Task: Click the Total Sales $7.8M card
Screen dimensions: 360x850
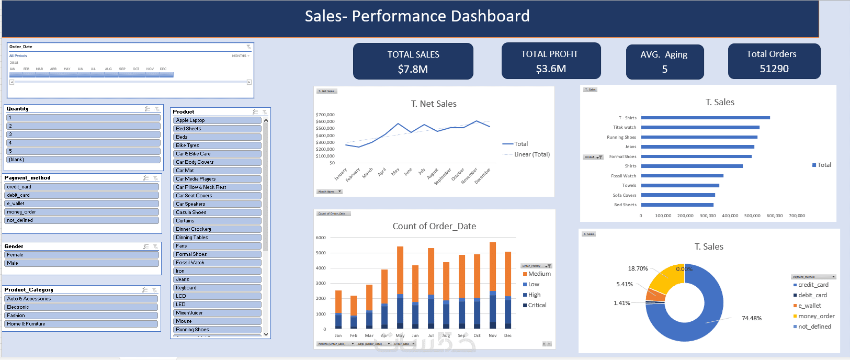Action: pyautogui.click(x=413, y=61)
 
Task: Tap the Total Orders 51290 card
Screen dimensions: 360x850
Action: pyautogui.click(x=774, y=61)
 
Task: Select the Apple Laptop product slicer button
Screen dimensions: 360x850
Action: pyautogui.click(x=217, y=120)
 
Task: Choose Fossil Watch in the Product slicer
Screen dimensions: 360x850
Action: pyautogui.click(x=217, y=263)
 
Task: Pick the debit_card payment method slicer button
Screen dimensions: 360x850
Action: pyautogui.click(x=82, y=195)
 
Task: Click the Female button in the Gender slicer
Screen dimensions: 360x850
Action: pyautogui.click(x=82, y=255)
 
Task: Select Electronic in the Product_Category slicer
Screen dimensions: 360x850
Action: pyautogui.click(x=82, y=307)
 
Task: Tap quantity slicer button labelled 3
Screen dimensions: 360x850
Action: pyautogui.click(x=83, y=134)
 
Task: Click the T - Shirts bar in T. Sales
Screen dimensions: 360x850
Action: pyautogui.click(x=705, y=118)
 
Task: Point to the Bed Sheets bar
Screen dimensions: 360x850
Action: pyautogui.click(x=677, y=205)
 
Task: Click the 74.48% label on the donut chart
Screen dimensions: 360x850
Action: pyautogui.click(x=751, y=318)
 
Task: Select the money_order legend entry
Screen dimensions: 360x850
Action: pyautogui.click(x=816, y=316)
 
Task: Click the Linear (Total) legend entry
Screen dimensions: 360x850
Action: pyautogui.click(x=531, y=154)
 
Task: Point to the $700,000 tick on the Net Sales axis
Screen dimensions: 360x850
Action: pyautogui.click(x=325, y=115)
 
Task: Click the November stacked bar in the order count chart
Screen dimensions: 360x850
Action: pyautogui.click(x=492, y=285)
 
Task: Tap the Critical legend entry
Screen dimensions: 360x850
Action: pyautogui.click(x=537, y=305)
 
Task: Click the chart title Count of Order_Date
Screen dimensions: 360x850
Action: pyautogui.click(x=434, y=226)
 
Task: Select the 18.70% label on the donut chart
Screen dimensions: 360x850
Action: pyautogui.click(x=638, y=268)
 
